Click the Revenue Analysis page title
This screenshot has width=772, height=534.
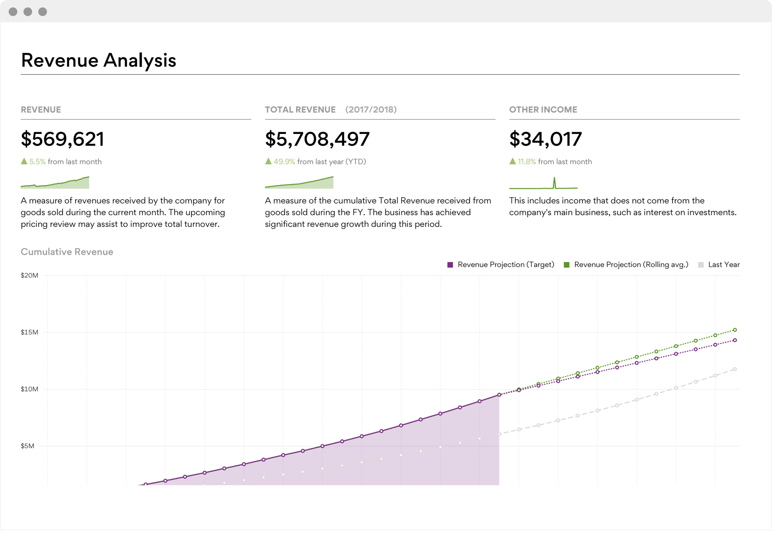[x=99, y=60]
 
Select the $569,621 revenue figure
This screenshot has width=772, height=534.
[x=62, y=139]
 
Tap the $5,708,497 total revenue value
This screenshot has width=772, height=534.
[x=317, y=139]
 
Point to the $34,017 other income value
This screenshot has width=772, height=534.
[x=545, y=139]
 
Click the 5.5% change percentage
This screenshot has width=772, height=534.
[x=37, y=162]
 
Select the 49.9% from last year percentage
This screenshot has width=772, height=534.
[x=284, y=162]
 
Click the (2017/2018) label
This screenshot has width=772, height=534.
[x=371, y=110]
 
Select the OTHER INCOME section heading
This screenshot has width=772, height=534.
[x=543, y=110]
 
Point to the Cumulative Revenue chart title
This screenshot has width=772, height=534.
[x=67, y=252]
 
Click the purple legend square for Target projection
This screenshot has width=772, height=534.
[x=450, y=265]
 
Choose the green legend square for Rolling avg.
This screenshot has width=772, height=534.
[x=567, y=265]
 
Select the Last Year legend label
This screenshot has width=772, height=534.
[x=724, y=265]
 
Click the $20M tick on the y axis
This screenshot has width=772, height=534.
[x=29, y=276]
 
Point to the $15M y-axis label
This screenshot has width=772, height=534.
[x=29, y=332]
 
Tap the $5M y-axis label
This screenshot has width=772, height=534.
[x=27, y=446]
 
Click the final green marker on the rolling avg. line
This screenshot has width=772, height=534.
[x=735, y=330]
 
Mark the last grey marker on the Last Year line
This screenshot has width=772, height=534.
[x=735, y=369]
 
